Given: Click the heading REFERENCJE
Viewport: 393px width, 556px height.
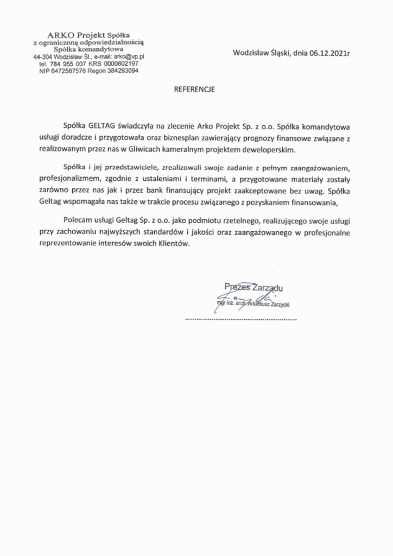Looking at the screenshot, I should [194, 90].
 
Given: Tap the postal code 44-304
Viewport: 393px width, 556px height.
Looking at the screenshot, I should [43, 56].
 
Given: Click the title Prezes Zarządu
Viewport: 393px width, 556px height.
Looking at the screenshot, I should [253, 287].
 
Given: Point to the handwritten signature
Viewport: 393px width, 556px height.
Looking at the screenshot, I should [239, 298].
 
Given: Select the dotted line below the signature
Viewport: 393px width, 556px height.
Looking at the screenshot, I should [241, 320].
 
